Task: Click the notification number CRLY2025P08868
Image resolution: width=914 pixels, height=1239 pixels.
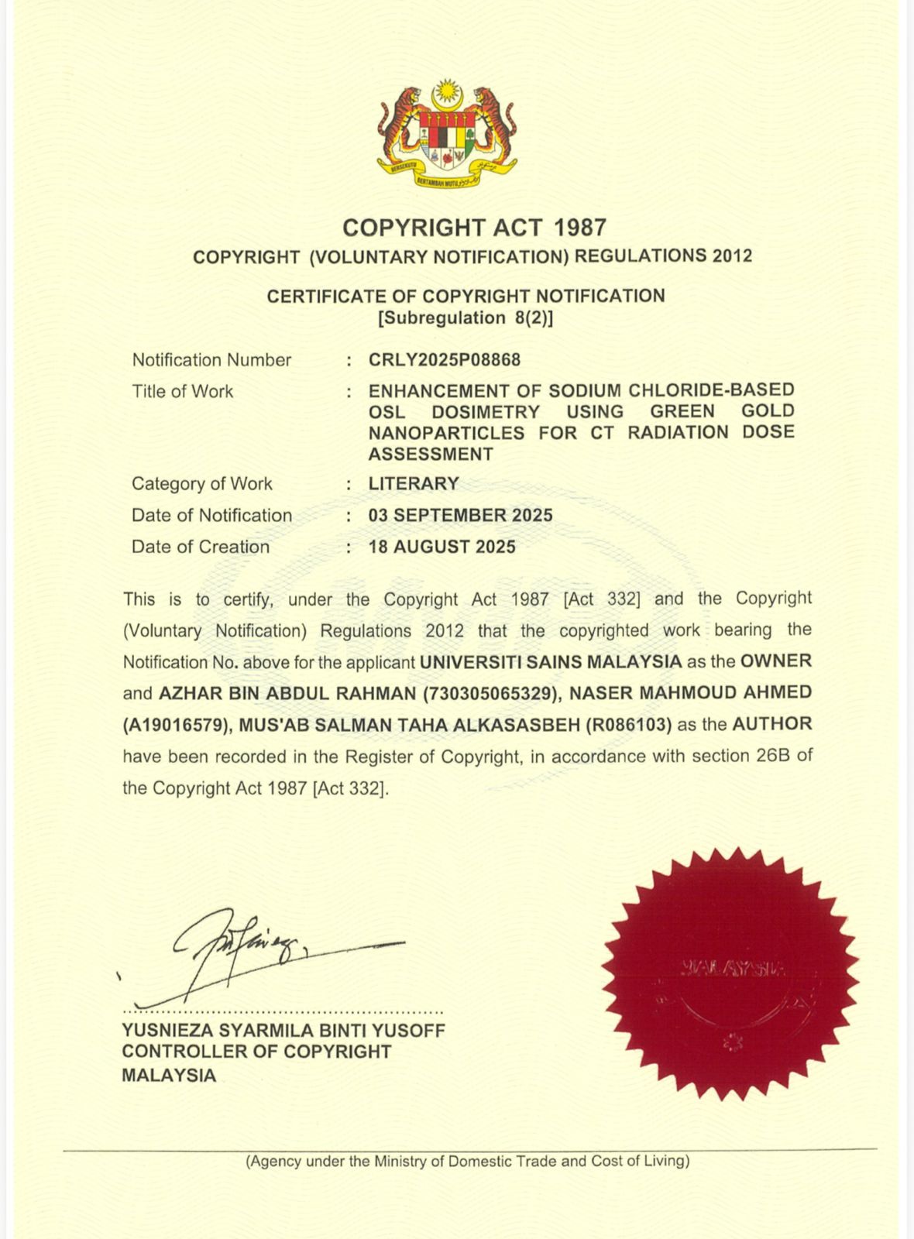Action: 445,360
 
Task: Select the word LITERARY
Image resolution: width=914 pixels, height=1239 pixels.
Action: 414,484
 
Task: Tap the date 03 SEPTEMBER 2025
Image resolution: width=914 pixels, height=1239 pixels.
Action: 460,516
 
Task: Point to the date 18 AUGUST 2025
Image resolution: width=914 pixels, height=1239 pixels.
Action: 442,547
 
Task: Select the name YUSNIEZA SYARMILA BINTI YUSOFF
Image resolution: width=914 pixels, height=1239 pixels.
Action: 283,1031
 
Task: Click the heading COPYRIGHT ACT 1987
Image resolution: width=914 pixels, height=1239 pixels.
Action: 474,228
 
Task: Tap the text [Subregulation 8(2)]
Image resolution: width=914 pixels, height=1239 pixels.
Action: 466,317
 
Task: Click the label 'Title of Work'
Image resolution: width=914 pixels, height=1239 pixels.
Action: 182,392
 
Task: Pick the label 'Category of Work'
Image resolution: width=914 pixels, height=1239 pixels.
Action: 201,484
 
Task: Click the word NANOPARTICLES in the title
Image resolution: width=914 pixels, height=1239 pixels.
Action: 446,433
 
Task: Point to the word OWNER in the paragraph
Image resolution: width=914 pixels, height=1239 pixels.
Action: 776,661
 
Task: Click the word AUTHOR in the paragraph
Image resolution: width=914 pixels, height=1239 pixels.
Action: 772,725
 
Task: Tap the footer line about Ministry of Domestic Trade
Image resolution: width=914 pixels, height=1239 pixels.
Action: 467,1162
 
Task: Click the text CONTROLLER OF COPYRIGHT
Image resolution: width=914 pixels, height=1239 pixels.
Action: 256,1052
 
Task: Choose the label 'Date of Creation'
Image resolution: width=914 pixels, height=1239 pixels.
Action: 201,547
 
